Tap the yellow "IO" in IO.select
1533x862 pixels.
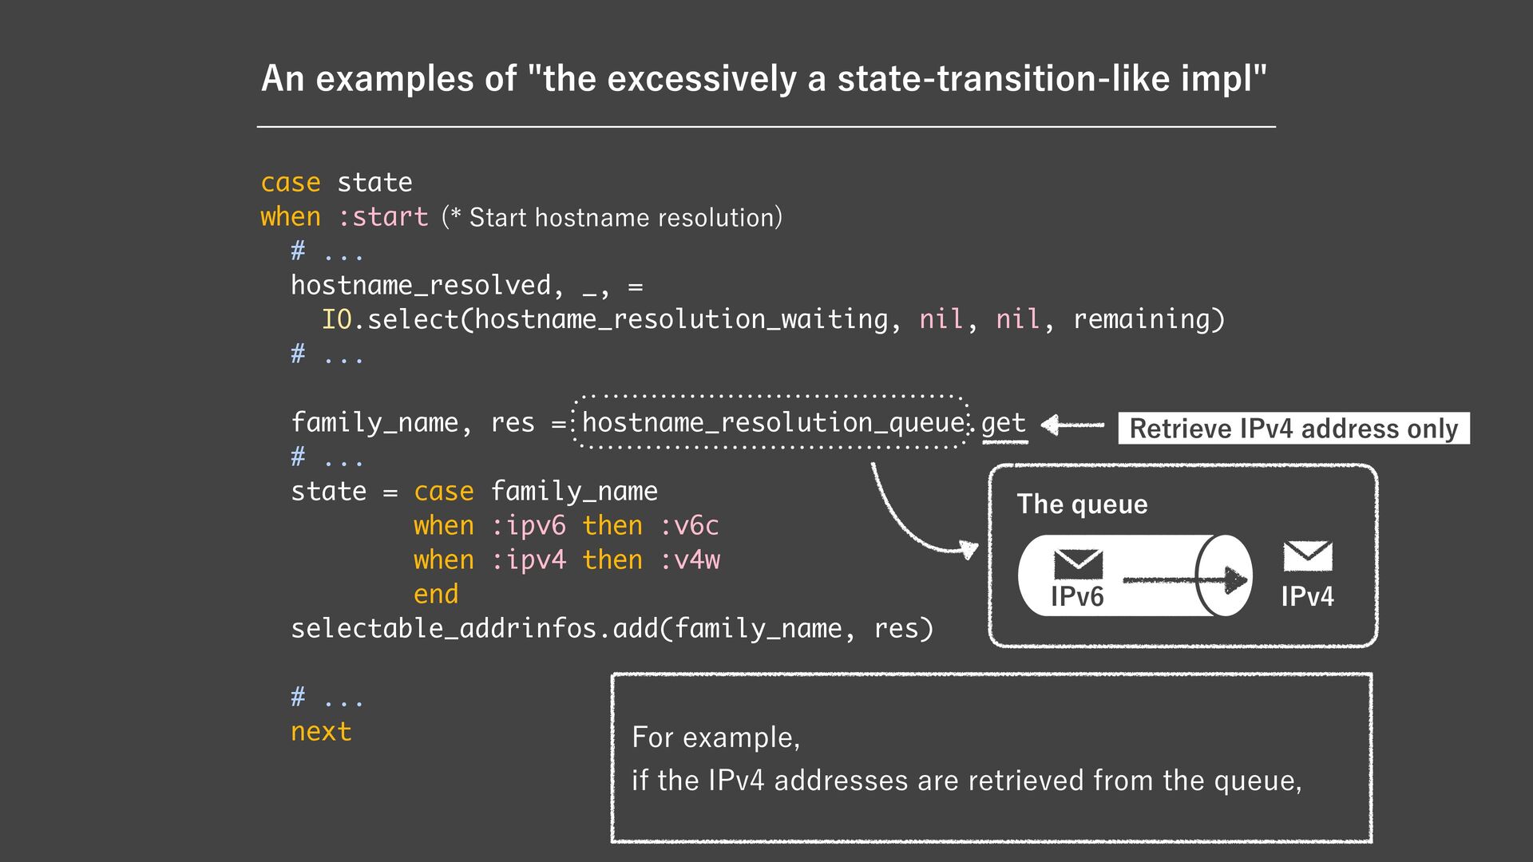click(x=336, y=319)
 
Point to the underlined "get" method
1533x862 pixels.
click(x=1003, y=422)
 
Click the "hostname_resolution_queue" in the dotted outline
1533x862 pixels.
click(x=772, y=422)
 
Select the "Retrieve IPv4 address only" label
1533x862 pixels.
click(x=1293, y=429)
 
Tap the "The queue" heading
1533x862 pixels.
click(x=1082, y=504)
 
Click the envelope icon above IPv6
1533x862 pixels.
click(x=1078, y=563)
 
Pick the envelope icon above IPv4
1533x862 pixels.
click(x=1307, y=556)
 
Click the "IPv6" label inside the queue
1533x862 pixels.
click(x=1077, y=596)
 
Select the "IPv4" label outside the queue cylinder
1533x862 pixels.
click(x=1307, y=596)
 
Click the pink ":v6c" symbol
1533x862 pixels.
click(x=689, y=526)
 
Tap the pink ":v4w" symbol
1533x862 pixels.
click(x=689, y=560)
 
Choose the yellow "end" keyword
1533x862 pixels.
click(x=436, y=595)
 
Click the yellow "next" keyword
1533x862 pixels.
click(x=321, y=732)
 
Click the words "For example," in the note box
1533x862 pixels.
click(x=715, y=737)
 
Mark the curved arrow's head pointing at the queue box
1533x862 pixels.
click(x=969, y=549)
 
